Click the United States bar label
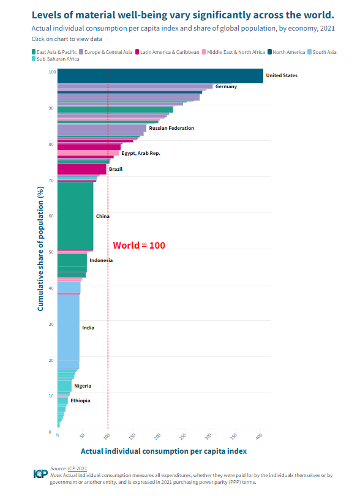tap(281, 76)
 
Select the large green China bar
tap(75, 216)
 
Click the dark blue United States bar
tap(159, 76)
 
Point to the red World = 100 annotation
tap(139, 245)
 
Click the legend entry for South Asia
tap(324, 52)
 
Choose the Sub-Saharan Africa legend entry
tap(58, 59)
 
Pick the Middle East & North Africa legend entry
tap(236, 52)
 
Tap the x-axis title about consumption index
tap(164, 451)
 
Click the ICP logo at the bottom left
tap(40, 473)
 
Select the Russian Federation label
tap(171, 128)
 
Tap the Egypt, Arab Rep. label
tap(140, 153)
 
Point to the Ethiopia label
tap(80, 400)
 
